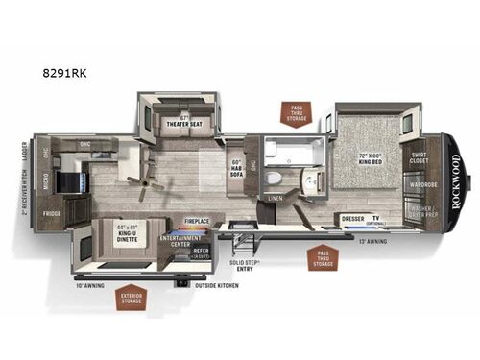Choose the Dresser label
coord(352,218)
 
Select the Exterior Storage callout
coord(130,300)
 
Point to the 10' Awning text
coord(92,285)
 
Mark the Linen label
coord(276,198)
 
